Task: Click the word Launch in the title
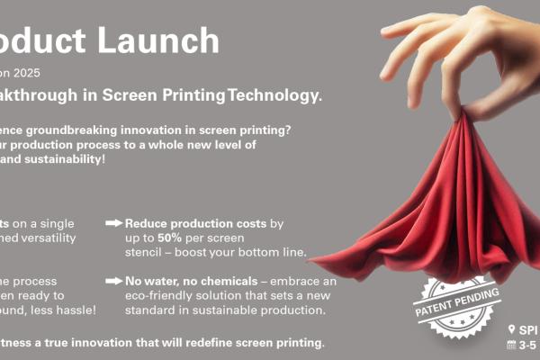point(166,40)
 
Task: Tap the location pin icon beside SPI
point(512,328)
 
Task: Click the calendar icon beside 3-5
point(512,345)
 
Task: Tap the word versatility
point(67,237)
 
